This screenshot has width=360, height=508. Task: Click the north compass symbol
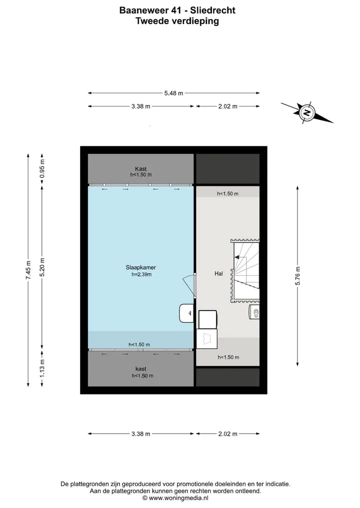307,113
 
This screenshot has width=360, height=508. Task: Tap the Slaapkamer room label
141,267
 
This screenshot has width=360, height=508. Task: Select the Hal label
218,273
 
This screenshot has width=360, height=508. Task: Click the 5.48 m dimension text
173,93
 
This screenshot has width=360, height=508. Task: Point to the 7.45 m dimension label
28,270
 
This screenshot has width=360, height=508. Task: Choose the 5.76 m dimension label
297,276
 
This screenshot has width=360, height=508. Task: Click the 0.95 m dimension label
42,169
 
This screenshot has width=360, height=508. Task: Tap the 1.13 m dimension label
42,369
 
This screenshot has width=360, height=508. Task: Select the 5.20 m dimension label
42,267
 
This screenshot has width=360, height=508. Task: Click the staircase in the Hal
245,271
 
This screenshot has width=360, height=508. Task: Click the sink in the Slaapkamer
186,313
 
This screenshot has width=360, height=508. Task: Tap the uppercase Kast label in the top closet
141,169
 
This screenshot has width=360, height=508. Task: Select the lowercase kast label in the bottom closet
141,369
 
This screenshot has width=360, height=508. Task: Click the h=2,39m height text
141,274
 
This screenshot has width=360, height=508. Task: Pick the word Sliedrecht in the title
213,10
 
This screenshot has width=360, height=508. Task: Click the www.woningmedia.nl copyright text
175,499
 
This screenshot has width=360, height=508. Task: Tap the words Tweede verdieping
177,21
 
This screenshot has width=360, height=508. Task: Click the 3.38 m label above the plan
141,106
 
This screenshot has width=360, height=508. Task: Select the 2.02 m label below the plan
227,434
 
